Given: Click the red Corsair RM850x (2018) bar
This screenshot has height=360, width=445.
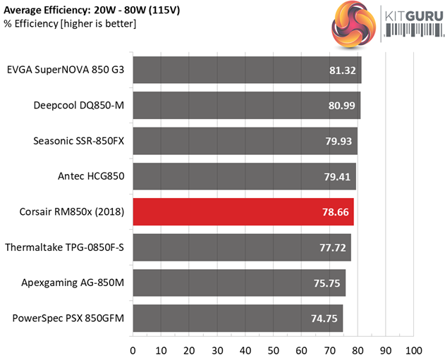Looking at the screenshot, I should tap(243, 211).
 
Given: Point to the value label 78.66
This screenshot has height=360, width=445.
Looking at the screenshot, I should tap(334, 212).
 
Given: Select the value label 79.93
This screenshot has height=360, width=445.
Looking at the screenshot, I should tap(338, 141).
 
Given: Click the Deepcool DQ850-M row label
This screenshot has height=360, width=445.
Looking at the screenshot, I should tap(78, 105).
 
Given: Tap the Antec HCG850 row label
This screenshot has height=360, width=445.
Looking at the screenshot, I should tap(90, 176).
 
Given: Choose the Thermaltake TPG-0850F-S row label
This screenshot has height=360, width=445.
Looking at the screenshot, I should tap(64, 247).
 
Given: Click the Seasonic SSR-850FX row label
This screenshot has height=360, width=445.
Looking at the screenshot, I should tap(78, 141).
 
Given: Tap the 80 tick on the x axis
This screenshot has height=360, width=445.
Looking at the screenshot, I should tap(358, 350).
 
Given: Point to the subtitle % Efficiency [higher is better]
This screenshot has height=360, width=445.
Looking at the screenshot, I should tap(70, 24).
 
